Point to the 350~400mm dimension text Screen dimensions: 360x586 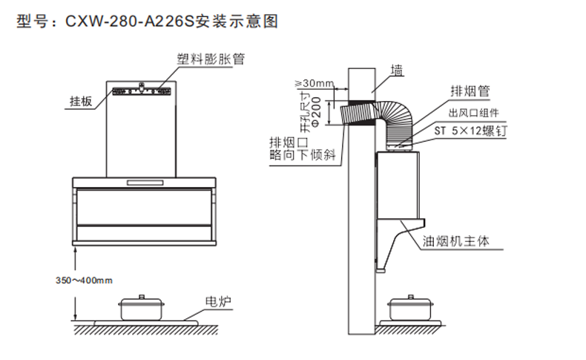84,280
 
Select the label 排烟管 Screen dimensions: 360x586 470,91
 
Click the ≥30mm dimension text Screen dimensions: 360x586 314,81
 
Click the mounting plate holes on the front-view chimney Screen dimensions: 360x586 142,93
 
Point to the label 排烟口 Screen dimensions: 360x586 287,142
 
